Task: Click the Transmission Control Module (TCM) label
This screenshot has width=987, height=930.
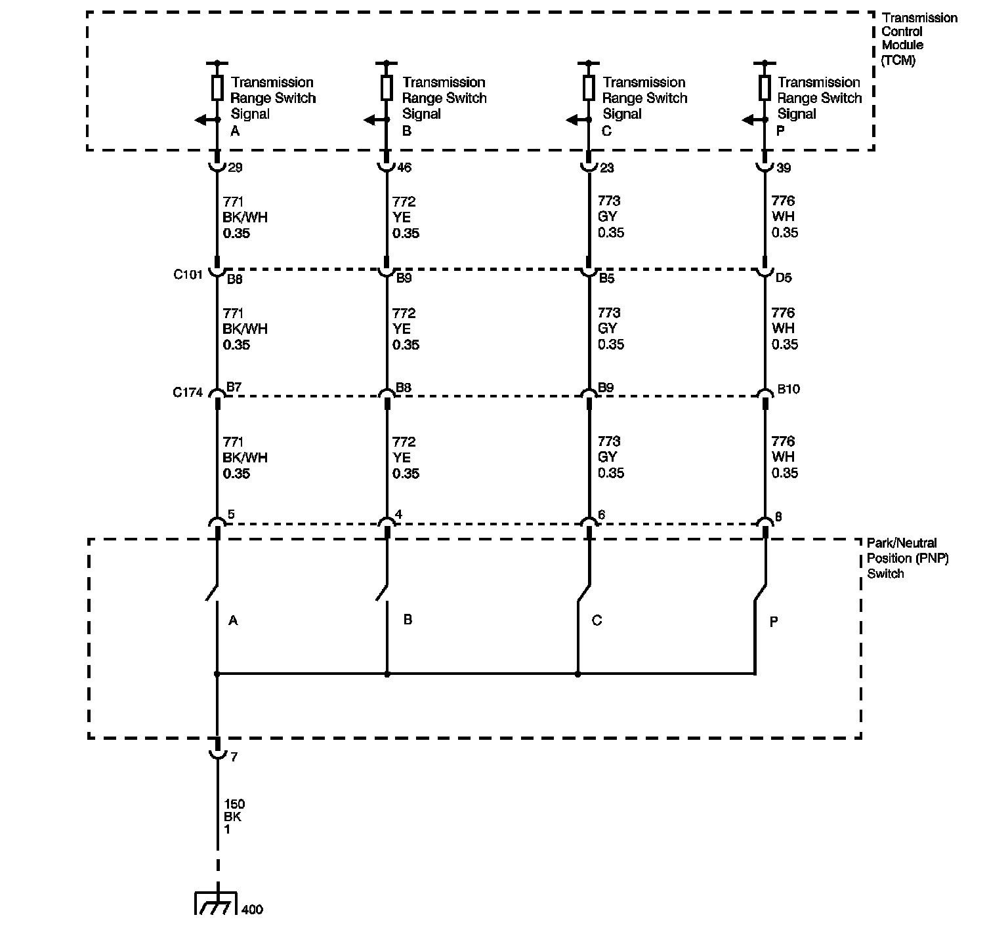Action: (919, 39)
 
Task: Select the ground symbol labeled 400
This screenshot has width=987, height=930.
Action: (215, 903)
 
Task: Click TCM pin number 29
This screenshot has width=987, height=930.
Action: (235, 168)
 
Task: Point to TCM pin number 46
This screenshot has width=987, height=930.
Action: (404, 168)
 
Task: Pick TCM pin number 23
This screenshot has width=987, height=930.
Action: (607, 168)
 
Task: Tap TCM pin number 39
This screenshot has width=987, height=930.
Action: (784, 168)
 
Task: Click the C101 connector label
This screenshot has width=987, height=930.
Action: (188, 275)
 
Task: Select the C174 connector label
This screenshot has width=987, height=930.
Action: (188, 393)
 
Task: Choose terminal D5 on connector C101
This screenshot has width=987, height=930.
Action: (784, 278)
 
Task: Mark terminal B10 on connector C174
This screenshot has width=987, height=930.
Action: (788, 389)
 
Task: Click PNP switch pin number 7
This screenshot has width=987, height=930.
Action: (234, 757)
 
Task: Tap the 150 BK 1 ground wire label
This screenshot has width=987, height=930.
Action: (234, 817)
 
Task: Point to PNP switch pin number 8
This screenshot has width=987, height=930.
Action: (779, 517)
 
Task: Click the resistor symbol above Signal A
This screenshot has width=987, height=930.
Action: (217, 87)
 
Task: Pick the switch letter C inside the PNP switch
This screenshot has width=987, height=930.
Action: (597, 620)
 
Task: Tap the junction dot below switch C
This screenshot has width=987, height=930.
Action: (577, 674)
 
